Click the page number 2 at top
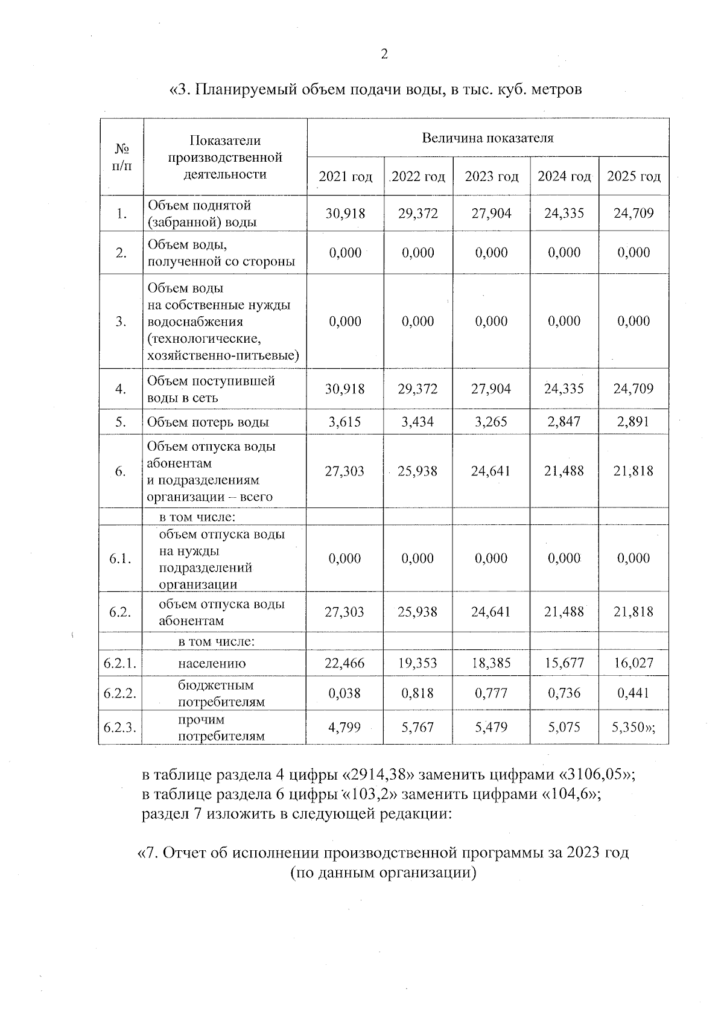click(384, 54)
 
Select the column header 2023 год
click(491, 177)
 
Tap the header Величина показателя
click(487, 138)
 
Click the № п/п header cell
click(122, 157)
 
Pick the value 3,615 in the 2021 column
click(345, 422)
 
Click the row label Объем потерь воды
click(208, 422)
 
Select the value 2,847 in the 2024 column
click(564, 422)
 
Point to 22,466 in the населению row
click(345, 663)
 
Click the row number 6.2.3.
click(120, 728)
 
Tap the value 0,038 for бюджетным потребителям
click(345, 693)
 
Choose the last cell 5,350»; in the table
click(634, 728)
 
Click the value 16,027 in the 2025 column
click(634, 663)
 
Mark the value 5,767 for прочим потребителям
click(418, 728)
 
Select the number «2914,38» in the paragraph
click(381, 775)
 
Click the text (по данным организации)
click(383, 873)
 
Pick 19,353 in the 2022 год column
click(418, 663)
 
